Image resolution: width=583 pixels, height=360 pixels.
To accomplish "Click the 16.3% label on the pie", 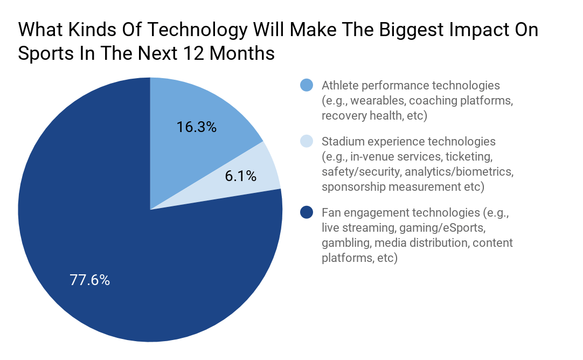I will click(197, 127).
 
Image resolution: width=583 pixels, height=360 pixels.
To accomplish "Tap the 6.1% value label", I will click(240, 176).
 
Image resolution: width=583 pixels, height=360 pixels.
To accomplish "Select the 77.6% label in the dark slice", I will click(90, 280).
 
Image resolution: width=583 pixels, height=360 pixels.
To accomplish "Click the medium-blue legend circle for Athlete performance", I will click(307, 85).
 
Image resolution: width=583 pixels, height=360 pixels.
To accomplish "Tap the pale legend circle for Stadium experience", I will click(307, 141).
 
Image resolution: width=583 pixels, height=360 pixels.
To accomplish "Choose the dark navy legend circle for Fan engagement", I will click(307, 212).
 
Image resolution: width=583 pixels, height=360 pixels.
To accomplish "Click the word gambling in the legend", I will click(342, 243).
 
